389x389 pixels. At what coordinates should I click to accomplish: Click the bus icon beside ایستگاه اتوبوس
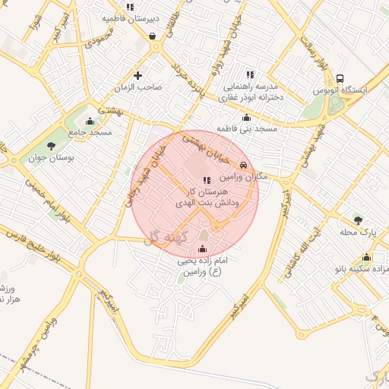tap(340, 78)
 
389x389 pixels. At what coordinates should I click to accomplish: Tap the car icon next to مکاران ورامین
tap(243, 165)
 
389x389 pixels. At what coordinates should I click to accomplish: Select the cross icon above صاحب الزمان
tap(138, 74)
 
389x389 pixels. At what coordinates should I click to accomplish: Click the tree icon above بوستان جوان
tap(51, 145)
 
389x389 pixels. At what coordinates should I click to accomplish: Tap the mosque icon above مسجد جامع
tap(90, 121)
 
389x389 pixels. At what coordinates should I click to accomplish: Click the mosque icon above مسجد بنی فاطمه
tap(246, 117)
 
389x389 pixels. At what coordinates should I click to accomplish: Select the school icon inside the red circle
tap(207, 180)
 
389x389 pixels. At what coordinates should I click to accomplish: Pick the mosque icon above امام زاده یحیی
tap(201, 248)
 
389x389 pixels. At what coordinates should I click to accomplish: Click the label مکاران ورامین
tap(242, 176)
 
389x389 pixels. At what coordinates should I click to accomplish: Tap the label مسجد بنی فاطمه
tap(247, 129)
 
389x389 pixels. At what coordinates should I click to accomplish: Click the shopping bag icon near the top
tap(153, 36)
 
